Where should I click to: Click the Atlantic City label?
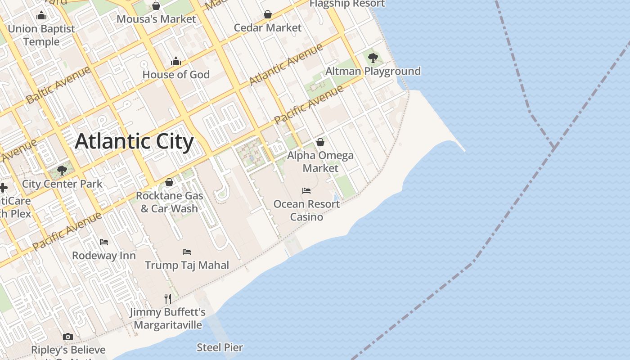click(x=134, y=141)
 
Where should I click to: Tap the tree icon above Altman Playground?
click(x=373, y=58)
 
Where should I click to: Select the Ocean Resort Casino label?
click(x=306, y=210)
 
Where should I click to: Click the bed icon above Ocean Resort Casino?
click(x=306, y=191)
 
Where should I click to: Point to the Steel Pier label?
click(x=220, y=347)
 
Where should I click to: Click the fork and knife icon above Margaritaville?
click(x=168, y=298)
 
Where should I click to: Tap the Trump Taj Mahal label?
click(x=187, y=265)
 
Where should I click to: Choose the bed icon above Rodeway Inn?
click(x=104, y=242)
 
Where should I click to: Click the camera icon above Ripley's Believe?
click(x=68, y=337)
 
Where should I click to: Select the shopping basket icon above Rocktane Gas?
click(x=169, y=182)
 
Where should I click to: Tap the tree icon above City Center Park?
click(x=62, y=171)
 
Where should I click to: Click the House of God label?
click(x=176, y=74)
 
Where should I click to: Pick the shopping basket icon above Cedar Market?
click(x=268, y=15)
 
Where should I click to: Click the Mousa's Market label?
click(x=156, y=19)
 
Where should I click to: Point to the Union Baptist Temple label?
click(x=41, y=35)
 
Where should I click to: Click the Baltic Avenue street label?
click(x=58, y=85)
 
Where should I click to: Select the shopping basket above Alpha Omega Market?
click(x=320, y=143)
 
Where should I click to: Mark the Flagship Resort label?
click(x=347, y=4)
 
